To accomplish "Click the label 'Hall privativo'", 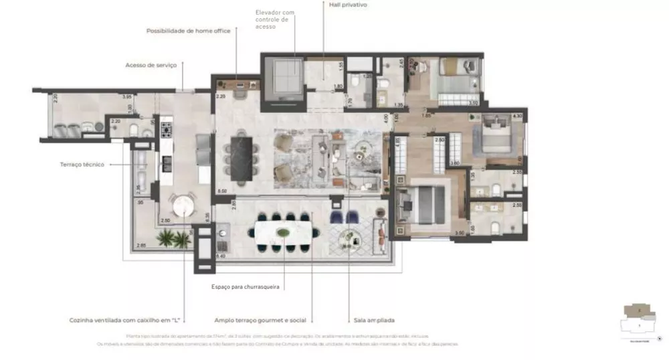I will point(348,5).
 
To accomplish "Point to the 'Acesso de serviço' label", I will point(151,65).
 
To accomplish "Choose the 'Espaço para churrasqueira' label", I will point(246,287).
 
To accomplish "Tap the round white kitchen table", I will point(181,203).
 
